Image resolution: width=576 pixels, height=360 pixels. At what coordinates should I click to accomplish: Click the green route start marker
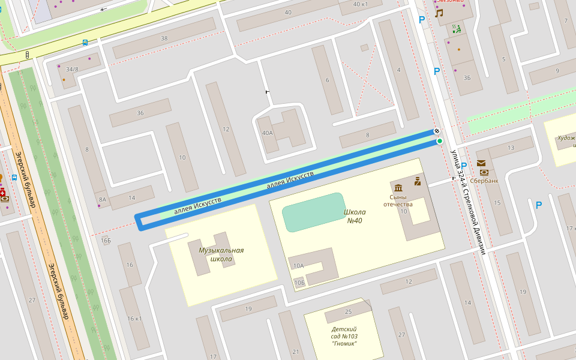tap(440, 141)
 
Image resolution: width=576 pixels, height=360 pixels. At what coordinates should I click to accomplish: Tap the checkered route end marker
tap(437, 131)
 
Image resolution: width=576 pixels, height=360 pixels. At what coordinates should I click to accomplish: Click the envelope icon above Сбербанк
tap(481, 163)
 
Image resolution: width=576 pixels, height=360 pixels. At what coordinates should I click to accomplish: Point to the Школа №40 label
tap(355, 216)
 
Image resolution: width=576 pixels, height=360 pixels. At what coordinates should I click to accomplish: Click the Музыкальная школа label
tap(216, 254)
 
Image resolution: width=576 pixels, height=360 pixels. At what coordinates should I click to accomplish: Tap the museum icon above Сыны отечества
tap(398, 188)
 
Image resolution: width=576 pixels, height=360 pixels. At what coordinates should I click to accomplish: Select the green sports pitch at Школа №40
tap(313, 212)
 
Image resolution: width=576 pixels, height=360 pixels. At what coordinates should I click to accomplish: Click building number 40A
tap(267, 133)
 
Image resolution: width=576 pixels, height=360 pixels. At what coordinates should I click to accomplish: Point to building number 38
tap(164, 38)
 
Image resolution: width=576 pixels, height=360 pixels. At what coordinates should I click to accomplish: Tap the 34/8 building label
tap(72, 70)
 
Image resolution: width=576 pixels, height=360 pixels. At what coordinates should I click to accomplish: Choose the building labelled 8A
tap(103, 200)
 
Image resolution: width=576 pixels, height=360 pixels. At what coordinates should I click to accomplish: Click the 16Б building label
tap(106, 241)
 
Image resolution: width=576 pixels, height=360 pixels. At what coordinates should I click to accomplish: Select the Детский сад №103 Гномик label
tap(344, 336)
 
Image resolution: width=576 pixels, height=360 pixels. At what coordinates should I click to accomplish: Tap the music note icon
tap(439, 13)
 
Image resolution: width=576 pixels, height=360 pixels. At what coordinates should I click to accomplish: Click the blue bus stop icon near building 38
tap(85, 43)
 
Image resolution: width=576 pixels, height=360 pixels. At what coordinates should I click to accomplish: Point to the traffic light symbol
tap(27, 55)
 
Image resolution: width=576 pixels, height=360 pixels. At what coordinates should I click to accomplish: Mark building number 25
tap(348, 312)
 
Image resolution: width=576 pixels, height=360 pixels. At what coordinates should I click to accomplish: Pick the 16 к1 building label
tap(134, 318)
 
